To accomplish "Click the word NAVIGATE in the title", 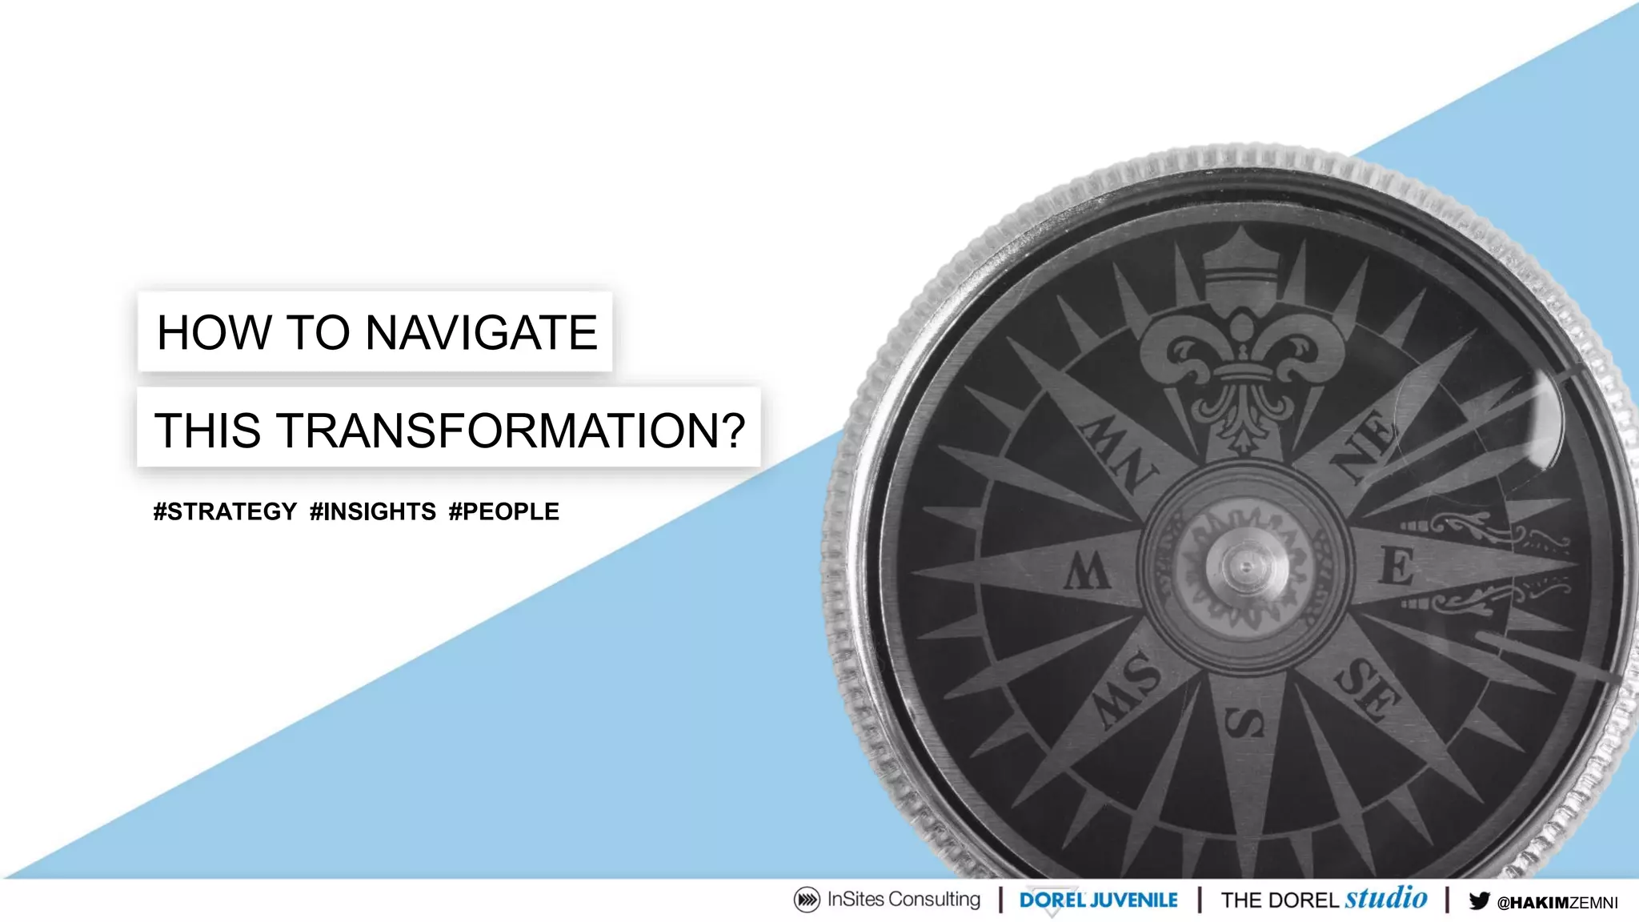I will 481,333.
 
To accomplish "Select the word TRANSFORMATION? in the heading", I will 511,431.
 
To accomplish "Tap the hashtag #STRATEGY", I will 225,511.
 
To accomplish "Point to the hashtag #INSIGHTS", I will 373,511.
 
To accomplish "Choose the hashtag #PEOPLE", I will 504,511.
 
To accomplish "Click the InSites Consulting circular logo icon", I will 807,900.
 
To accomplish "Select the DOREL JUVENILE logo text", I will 1098,900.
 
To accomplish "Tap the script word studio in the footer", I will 1386,897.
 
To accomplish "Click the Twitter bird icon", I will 1479,901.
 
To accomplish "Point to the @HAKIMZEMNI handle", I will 1557,903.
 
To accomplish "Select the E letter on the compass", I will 1397,567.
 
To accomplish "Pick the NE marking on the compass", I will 1365,444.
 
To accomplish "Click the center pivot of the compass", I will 1245,567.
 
